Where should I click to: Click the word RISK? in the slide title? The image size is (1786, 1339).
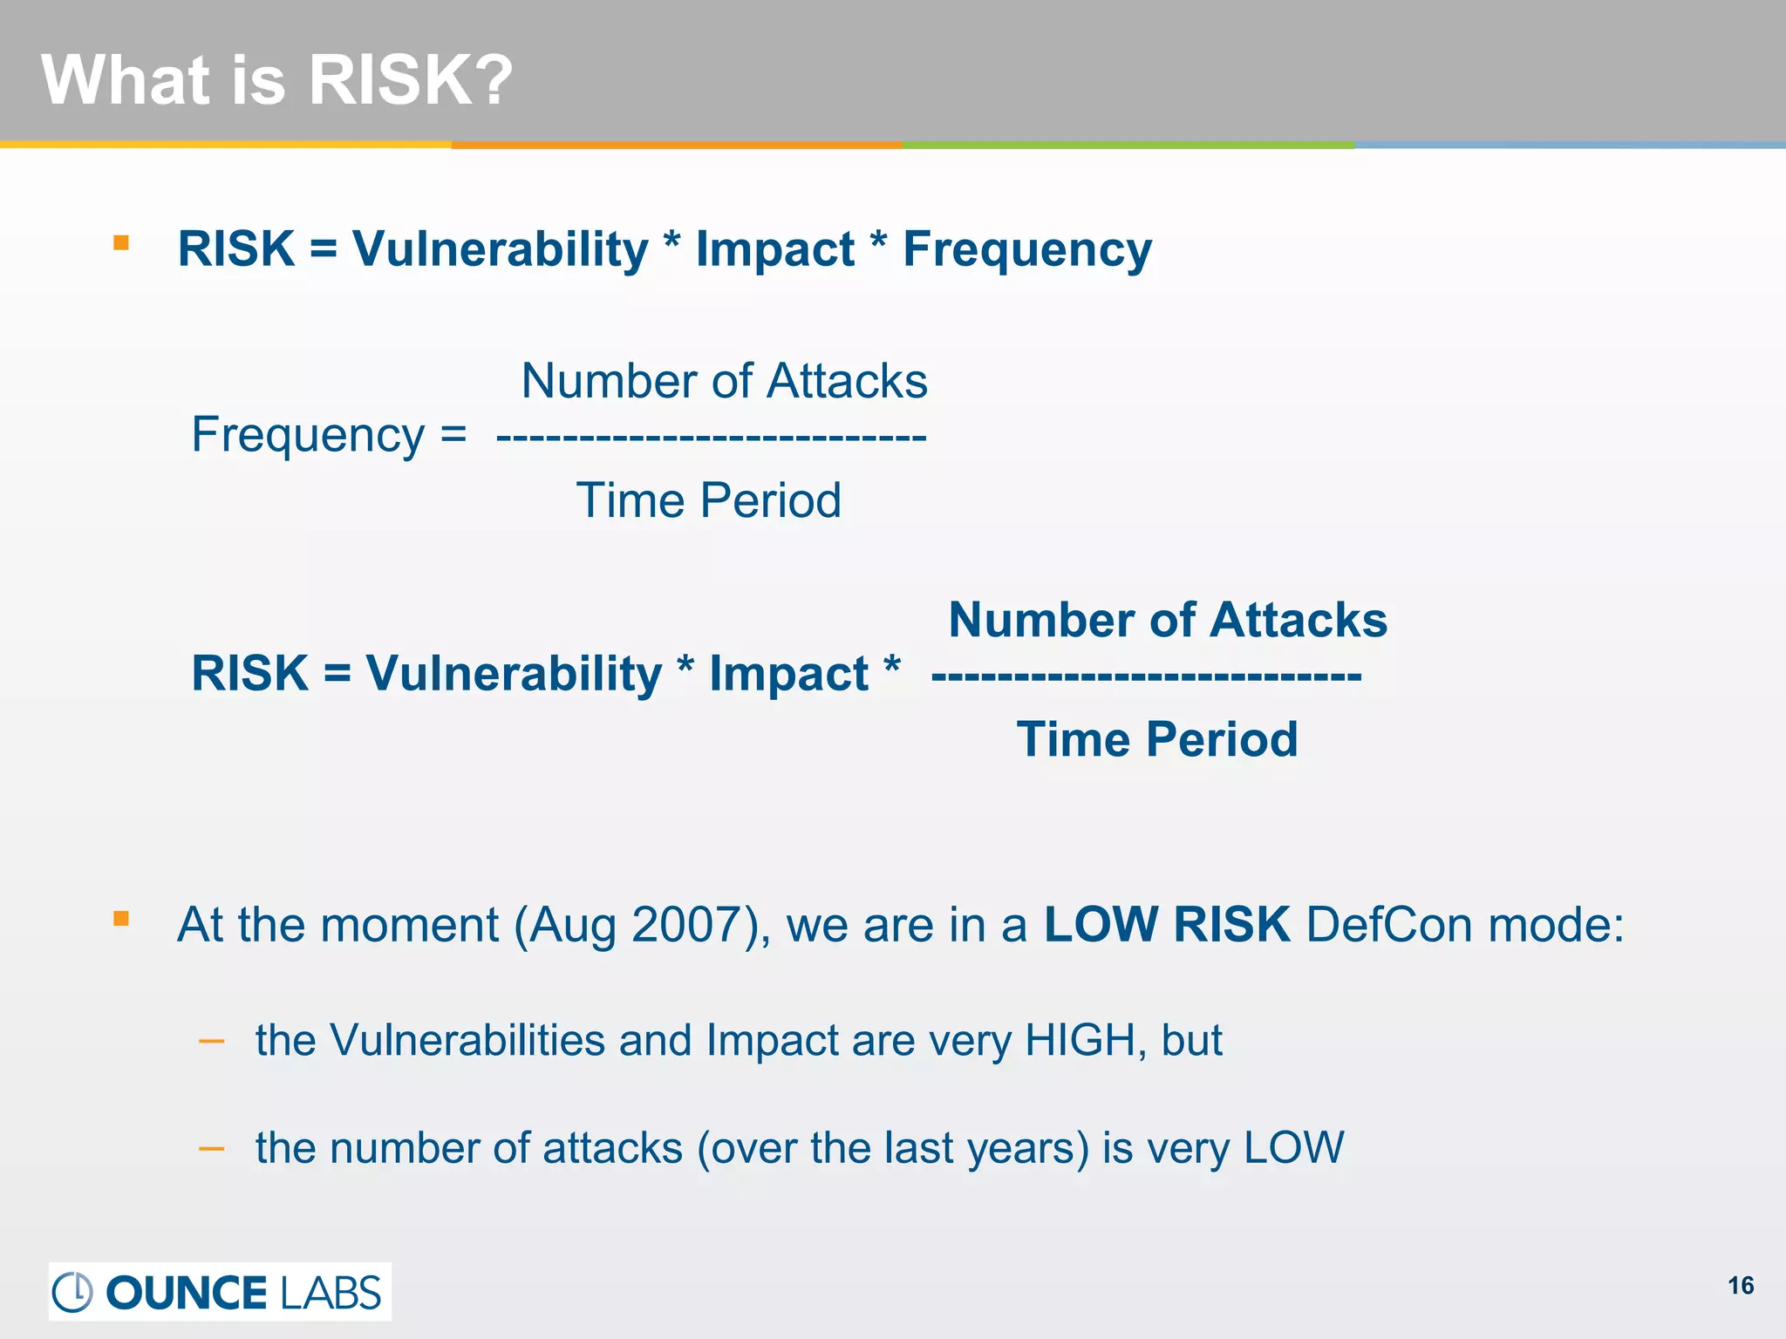(410, 80)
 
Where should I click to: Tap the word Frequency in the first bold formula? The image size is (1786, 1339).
(1026, 250)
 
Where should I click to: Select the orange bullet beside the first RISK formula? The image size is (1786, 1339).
(121, 243)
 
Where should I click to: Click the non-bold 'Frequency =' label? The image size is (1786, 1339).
(329, 435)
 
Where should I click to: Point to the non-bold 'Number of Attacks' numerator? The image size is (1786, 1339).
(724, 381)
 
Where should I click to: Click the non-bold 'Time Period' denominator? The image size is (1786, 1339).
(708, 500)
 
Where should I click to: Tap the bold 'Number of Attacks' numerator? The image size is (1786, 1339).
(1167, 620)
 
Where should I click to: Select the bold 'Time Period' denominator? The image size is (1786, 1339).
(1156, 739)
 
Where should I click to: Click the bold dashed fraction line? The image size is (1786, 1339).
(1146, 676)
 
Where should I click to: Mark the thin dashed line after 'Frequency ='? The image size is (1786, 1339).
(711, 436)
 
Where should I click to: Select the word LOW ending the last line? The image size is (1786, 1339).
(1293, 1148)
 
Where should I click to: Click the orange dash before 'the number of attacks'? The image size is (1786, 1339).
(212, 1149)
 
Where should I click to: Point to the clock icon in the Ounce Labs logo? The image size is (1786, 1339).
(72, 1292)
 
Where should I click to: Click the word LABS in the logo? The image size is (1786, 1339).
(331, 1293)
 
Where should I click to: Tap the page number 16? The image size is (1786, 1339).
(1740, 1286)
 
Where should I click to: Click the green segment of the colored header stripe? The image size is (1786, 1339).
(1128, 145)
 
